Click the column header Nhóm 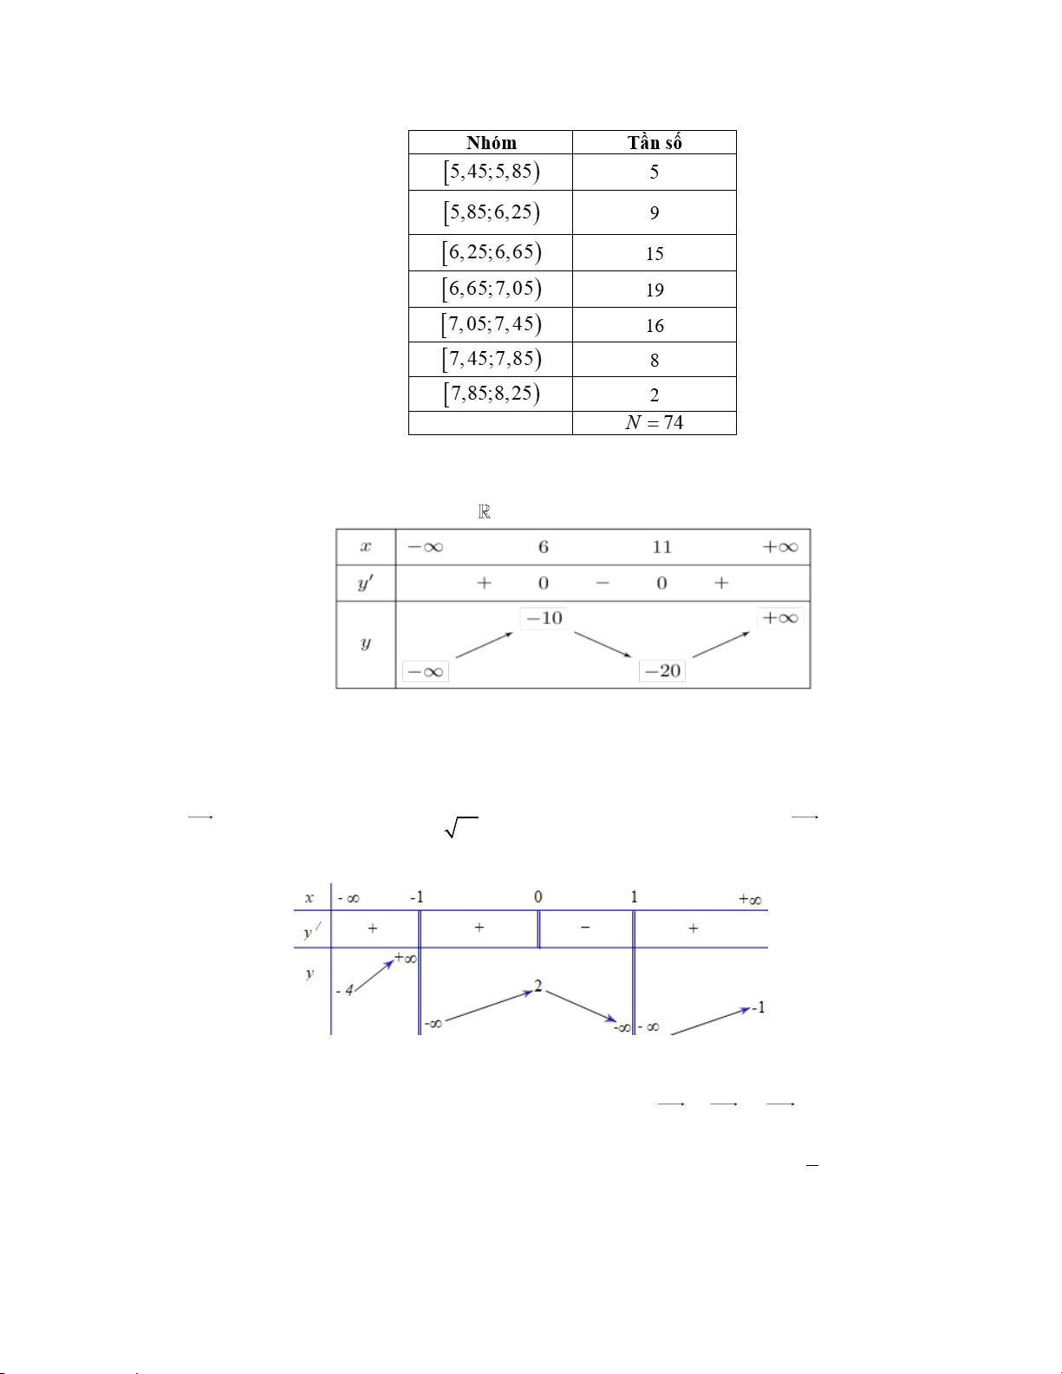point(491,143)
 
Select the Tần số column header point(655,143)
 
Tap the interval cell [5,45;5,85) point(491,172)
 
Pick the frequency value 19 point(655,290)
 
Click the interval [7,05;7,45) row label point(491,324)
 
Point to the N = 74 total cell point(655,423)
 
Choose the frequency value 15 point(655,254)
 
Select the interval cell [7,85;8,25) point(491,394)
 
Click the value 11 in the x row point(661,547)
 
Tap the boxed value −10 point(544,618)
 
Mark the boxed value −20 point(662,671)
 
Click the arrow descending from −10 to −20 point(603,644)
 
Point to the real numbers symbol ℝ point(485,512)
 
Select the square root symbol point(460,828)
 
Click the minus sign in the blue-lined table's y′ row point(585,928)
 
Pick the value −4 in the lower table point(345,990)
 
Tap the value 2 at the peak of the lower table point(538,987)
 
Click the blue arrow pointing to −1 point(710,1021)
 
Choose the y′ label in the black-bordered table point(365,583)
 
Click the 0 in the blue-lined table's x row point(538,897)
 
